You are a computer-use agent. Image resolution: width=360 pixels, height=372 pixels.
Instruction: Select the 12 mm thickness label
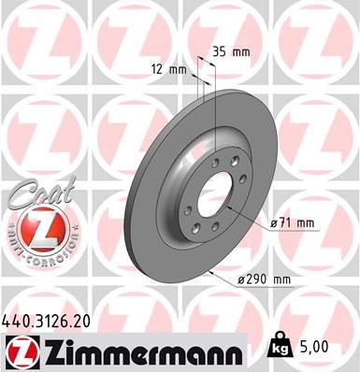[168, 69]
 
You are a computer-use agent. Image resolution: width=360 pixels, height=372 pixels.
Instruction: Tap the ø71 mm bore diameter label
[292, 222]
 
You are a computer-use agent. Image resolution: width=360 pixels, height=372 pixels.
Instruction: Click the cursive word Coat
[36, 195]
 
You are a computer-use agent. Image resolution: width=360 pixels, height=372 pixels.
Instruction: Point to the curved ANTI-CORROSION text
[38, 245]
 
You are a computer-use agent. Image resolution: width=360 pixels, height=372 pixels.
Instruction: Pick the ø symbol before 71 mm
[273, 222]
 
